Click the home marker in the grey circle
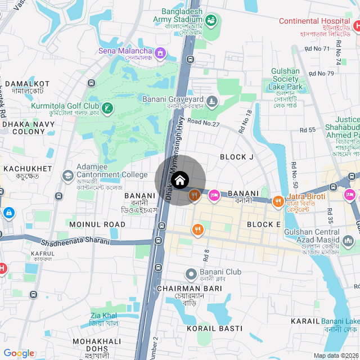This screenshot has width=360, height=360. pyautogui.click(x=179, y=181)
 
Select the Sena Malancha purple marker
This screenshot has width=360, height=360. pyautogui.click(x=160, y=53)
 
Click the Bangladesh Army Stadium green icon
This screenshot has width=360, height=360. pyautogui.click(x=211, y=21)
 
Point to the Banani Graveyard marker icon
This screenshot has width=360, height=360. pyautogui.click(x=212, y=102)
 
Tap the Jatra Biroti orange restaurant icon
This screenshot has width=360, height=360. pyautogui.click(x=277, y=201)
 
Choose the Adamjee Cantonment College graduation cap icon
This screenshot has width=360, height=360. pyautogui.click(x=67, y=176)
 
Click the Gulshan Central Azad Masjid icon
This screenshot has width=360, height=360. pyautogui.click(x=348, y=242)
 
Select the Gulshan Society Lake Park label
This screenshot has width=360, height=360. pyautogui.click(x=285, y=79)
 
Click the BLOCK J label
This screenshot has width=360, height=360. pyautogui.click(x=237, y=157)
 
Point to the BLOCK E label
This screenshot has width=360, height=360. pyautogui.click(x=264, y=224)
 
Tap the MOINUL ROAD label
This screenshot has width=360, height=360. pyautogui.click(x=97, y=224)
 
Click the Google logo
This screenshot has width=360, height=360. pyautogui.click(x=19, y=353)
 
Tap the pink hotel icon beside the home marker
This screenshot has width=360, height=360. pyautogui.click(x=214, y=195)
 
